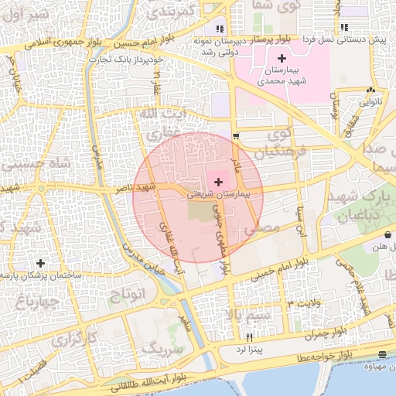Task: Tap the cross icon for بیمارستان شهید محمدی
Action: (281, 58)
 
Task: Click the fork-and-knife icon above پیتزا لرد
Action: (249, 338)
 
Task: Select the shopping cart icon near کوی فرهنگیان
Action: (236, 136)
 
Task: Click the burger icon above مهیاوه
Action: (383, 354)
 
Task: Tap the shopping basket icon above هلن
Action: (387, 234)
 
